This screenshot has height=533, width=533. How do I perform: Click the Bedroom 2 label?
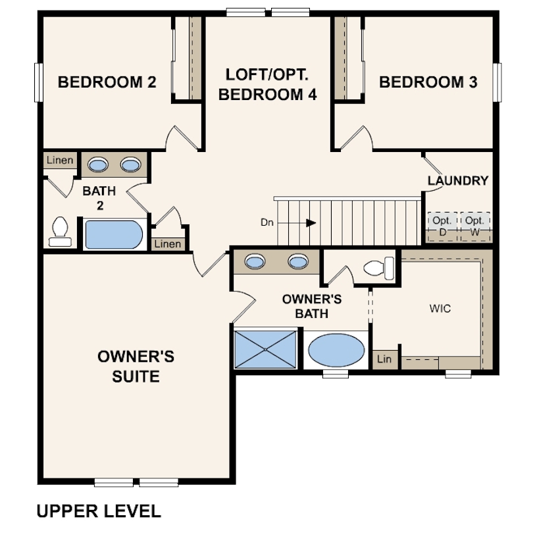point(107,82)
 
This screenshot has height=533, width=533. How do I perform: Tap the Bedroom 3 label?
point(428,82)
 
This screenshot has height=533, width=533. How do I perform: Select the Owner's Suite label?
point(136,367)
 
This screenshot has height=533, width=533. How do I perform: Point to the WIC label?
point(440,309)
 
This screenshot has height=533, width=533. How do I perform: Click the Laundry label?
point(458,180)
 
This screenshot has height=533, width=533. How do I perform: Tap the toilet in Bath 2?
point(60,232)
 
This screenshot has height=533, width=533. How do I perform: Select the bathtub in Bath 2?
point(114,234)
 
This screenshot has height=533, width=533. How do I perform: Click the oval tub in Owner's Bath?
point(336,350)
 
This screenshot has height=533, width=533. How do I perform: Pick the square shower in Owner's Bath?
point(265,349)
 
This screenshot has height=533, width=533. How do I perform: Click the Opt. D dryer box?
point(442,227)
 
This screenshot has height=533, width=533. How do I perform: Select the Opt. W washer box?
point(475,227)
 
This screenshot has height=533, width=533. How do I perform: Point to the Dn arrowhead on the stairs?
point(311,223)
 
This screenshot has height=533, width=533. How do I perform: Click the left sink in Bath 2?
point(98,165)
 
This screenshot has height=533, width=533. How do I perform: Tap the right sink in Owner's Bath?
point(298,261)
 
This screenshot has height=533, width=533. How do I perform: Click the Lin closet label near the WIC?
point(384,359)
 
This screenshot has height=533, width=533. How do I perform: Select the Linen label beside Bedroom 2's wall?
point(60,160)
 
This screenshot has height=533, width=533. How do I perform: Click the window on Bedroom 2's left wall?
point(39,82)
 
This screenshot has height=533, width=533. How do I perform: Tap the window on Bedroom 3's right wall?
point(497,82)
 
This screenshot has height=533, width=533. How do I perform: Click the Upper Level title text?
point(99,511)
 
